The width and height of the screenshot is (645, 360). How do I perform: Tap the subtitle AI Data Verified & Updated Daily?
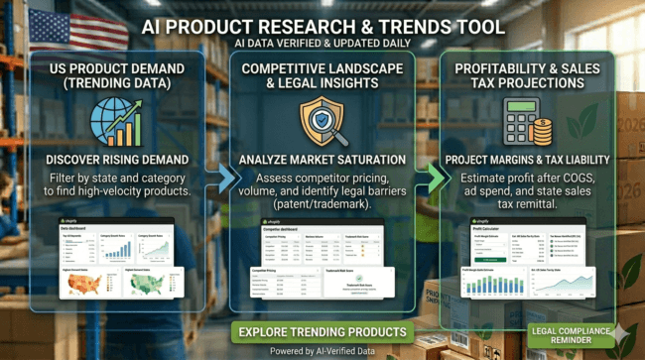(x=322, y=44)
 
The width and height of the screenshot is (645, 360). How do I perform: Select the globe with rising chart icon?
(x=112, y=124)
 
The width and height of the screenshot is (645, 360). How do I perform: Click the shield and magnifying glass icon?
(x=322, y=122)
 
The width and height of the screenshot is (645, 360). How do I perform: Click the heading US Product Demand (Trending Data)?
(x=112, y=75)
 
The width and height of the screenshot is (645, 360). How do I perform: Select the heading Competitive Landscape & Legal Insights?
(x=322, y=75)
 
